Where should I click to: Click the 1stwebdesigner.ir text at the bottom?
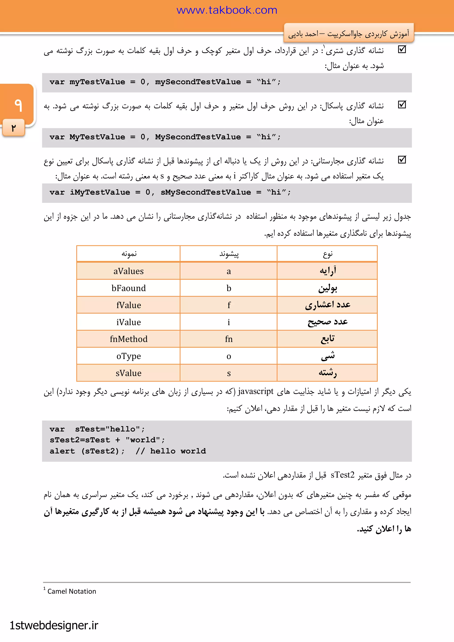click(54, 625)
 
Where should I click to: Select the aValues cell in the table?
click(128, 271)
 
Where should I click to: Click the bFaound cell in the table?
click(128, 288)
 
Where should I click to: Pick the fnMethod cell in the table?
click(128, 339)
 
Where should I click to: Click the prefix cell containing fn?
click(229, 339)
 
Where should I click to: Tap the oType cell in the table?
click(128, 356)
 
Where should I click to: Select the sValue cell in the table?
click(128, 373)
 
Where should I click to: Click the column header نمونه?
click(129, 254)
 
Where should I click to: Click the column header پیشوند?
click(229, 254)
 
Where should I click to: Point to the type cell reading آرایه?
click(328, 271)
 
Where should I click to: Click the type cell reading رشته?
click(328, 373)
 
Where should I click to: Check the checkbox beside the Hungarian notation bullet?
click(402, 160)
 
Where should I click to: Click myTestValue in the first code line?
click(97, 82)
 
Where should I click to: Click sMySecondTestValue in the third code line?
click(205, 192)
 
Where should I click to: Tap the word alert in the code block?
click(62, 451)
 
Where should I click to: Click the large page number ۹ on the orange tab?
click(18, 105)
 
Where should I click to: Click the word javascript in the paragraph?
click(256, 391)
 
